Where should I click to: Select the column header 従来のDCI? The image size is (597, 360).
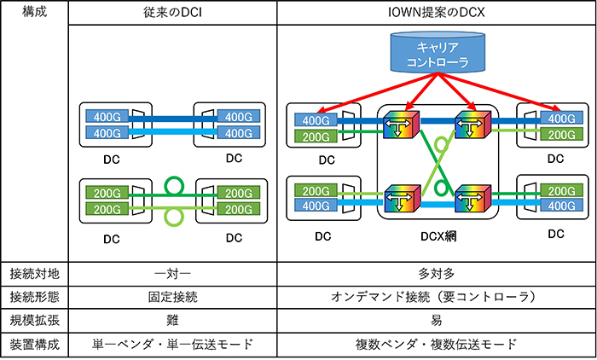(171, 13)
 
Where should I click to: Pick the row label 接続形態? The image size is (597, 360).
(32, 298)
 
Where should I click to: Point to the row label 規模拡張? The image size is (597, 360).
(32, 321)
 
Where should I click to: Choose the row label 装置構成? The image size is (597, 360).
(32, 345)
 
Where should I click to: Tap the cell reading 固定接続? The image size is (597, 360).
(171, 298)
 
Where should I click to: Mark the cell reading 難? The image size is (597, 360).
(171, 321)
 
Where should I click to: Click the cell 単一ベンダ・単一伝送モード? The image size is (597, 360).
(171, 345)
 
